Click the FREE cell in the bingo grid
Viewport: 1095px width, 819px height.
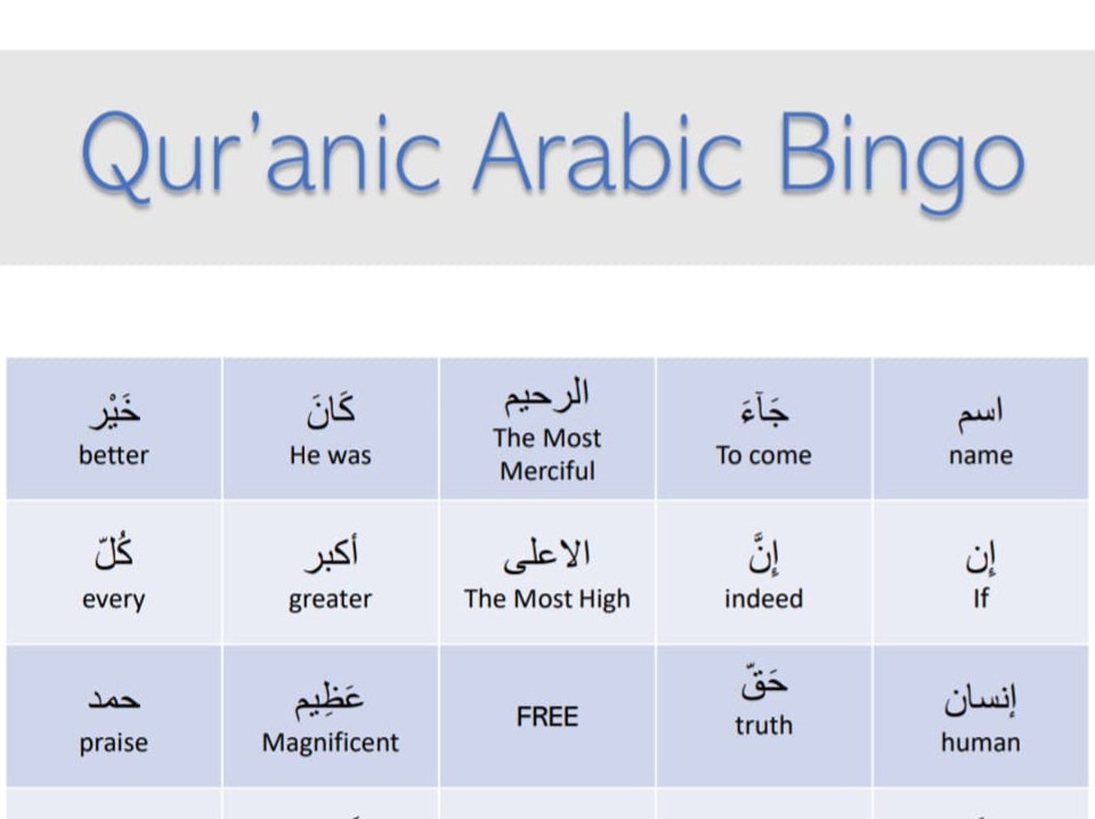pyautogui.click(x=547, y=717)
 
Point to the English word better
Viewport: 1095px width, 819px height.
pyautogui.click(x=114, y=456)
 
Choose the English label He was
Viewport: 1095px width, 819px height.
pyautogui.click(x=330, y=456)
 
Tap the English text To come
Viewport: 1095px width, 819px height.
pyautogui.click(x=763, y=456)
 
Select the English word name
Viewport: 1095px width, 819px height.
pyautogui.click(x=981, y=456)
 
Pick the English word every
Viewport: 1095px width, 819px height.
pyautogui.click(x=114, y=599)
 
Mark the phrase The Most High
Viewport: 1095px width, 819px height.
pyautogui.click(x=547, y=599)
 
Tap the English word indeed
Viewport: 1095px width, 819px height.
pyautogui.click(x=763, y=599)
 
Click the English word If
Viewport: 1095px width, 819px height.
pyautogui.click(x=981, y=599)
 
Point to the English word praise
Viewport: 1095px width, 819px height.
pyautogui.click(x=114, y=743)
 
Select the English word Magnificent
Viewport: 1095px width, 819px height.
pyautogui.click(x=330, y=743)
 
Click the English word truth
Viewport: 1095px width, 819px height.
pyautogui.click(x=763, y=726)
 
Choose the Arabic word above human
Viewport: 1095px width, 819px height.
pyautogui.click(x=981, y=700)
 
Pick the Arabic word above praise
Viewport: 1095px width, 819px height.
pyautogui.click(x=114, y=700)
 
